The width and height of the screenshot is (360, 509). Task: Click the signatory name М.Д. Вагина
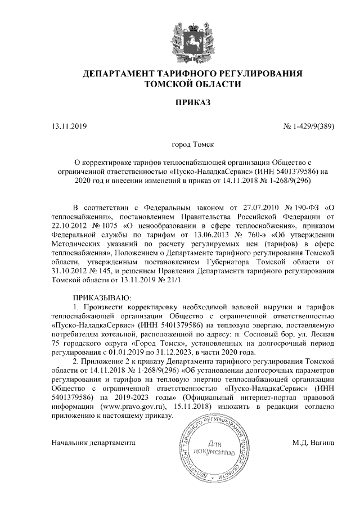coord(313,443)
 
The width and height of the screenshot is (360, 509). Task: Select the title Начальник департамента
coord(93,443)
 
